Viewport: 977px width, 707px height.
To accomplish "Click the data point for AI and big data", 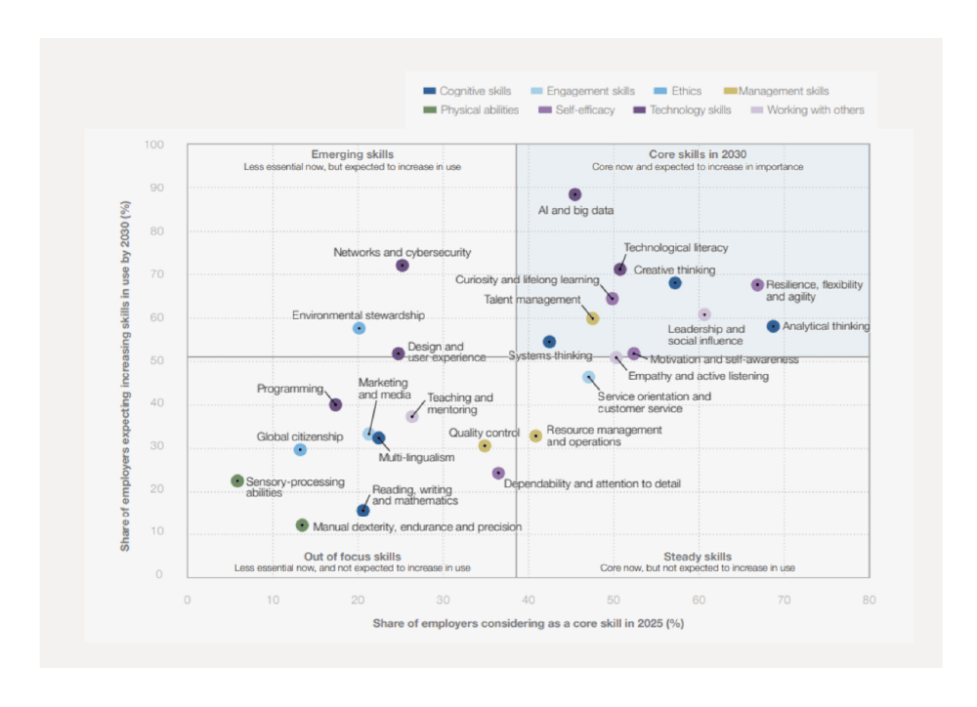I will (x=574, y=194).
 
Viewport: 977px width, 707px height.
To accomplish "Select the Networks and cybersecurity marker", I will (x=403, y=266).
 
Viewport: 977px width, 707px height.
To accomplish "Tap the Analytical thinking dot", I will (x=773, y=326).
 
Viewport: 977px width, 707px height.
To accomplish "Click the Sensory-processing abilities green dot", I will (x=237, y=480).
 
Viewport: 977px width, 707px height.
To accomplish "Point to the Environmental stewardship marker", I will (x=359, y=328).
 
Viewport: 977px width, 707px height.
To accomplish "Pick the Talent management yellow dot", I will (x=592, y=318).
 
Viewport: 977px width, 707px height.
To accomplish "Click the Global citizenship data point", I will (x=300, y=450).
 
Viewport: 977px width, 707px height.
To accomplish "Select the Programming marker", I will (x=336, y=404).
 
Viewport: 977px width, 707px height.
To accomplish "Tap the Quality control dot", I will (x=485, y=445).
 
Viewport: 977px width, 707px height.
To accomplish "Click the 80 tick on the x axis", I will (x=868, y=600).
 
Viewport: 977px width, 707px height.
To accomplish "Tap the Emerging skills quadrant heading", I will (x=353, y=154).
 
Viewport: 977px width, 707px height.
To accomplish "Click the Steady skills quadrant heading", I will (x=697, y=557).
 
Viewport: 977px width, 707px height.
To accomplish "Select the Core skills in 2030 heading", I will (x=698, y=154).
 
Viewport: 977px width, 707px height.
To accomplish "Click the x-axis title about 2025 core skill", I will (x=528, y=623).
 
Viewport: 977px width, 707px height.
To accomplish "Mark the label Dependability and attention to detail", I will (x=592, y=483).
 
